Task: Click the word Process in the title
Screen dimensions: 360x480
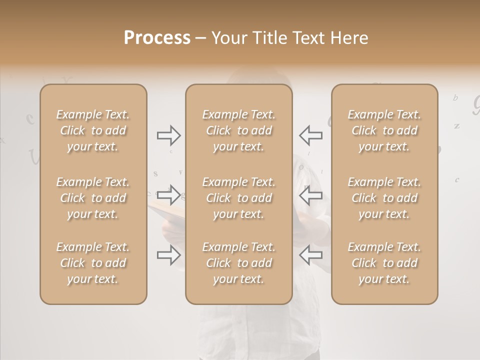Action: pyautogui.click(x=157, y=37)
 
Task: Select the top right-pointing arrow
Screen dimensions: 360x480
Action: pyautogui.click(x=168, y=135)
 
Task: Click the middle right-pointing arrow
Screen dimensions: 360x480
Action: pyautogui.click(x=168, y=194)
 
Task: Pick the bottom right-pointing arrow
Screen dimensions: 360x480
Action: pyautogui.click(x=168, y=255)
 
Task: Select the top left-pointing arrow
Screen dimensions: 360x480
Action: pyautogui.click(x=310, y=135)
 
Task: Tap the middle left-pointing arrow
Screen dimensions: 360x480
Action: pyautogui.click(x=310, y=194)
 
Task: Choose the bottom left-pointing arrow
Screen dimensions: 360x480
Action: pyautogui.click(x=310, y=255)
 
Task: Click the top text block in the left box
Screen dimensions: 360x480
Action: pyautogui.click(x=93, y=130)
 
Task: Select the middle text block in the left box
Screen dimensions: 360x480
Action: pyautogui.click(x=93, y=198)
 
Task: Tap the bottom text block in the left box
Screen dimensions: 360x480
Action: pyautogui.click(x=93, y=263)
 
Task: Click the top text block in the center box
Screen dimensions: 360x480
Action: pyautogui.click(x=239, y=130)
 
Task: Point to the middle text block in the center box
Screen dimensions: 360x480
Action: pyautogui.click(x=239, y=198)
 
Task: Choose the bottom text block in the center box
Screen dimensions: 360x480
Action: pyautogui.click(x=239, y=263)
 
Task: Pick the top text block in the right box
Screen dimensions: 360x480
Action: pyautogui.click(x=384, y=130)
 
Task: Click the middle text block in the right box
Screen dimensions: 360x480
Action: pyautogui.click(x=384, y=198)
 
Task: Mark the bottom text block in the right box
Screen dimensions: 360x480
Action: pyautogui.click(x=384, y=263)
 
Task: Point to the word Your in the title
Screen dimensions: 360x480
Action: pyautogui.click(x=227, y=37)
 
